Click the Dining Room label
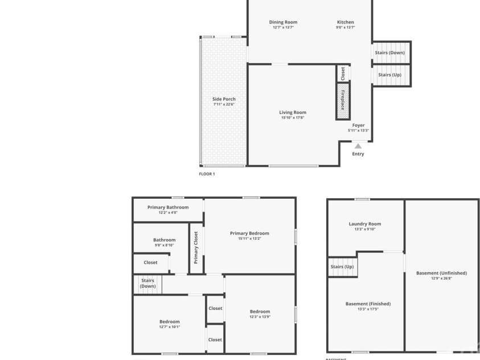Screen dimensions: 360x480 pyautogui.click(x=283, y=22)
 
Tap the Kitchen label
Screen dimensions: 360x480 pyautogui.click(x=345, y=22)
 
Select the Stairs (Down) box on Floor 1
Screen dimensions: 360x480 pyautogui.click(x=391, y=52)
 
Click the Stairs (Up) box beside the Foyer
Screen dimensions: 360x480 pyautogui.click(x=390, y=75)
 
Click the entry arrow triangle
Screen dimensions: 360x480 pyautogui.click(x=358, y=146)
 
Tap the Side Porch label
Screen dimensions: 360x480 pyautogui.click(x=224, y=99)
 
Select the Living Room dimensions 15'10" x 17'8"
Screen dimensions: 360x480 pyautogui.click(x=293, y=118)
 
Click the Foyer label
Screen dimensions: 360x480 pyautogui.click(x=358, y=125)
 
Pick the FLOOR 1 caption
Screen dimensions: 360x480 pyautogui.click(x=207, y=174)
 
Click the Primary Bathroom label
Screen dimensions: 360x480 pyautogui.click(x=168, y=207)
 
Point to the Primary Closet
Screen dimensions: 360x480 pyautogui.click(x=196, y=247)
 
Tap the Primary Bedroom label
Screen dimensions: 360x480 pyautogui.click(x=249, y=233)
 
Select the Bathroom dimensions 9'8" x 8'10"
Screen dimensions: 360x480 pyautogui.click(x=164, y=246)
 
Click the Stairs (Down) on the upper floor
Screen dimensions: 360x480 pyautogui.click(x=148, y=283)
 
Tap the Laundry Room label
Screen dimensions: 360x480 pyautogui.click(x=365, y=224)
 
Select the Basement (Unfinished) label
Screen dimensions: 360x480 pyautogui.click(x=441, y=273)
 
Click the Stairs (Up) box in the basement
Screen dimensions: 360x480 pyautogui.click(x=342, y=267)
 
